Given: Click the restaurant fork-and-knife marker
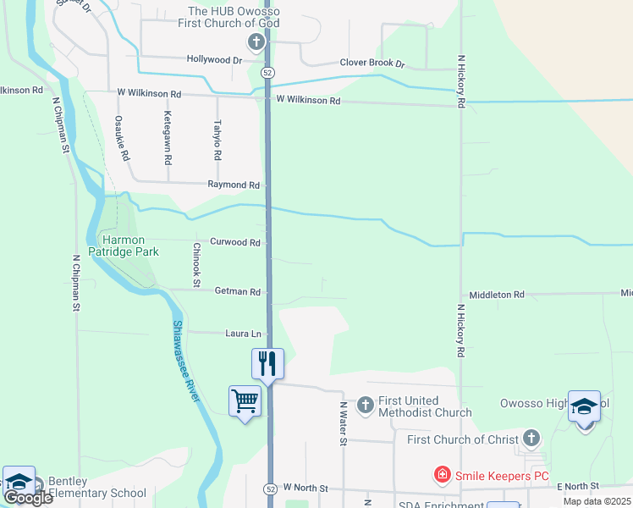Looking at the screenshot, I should click(x=267, y=364).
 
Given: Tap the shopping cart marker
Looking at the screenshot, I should click(x=245, y=400).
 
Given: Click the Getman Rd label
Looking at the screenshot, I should click(x=238, y=291).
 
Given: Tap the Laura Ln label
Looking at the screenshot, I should click(x=243, y=333).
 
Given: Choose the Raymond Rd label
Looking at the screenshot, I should click(x=234, y=185).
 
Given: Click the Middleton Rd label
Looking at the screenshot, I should click(x=497, y=295).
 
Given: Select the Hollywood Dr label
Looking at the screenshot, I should click(x=215, y=60).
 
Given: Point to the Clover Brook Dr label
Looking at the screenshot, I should click(x=372, y=63).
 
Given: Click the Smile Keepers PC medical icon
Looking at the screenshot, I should click(x=442, y=476).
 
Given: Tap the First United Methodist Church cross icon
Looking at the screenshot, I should click(x=366, y=406).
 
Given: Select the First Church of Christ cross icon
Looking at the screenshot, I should click(x=531, y=438).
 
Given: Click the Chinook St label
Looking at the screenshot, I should click(x=195, y=264).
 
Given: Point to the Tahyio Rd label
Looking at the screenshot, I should click(x=217, y=140).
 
